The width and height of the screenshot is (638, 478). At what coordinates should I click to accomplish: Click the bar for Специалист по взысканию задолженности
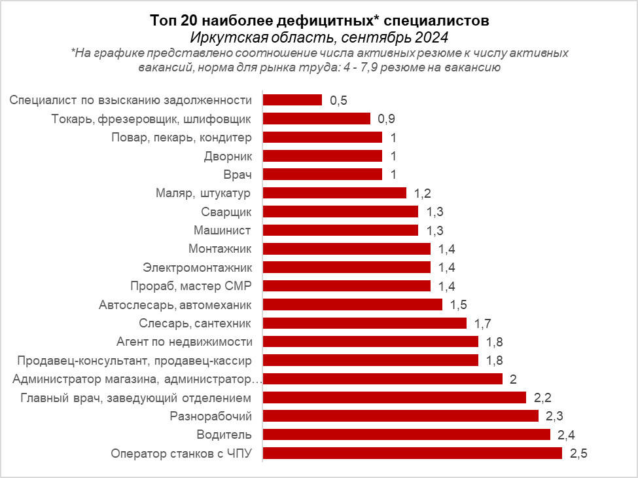(292, 100)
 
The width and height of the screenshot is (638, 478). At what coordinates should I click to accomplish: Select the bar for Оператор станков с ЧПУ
(412, 453)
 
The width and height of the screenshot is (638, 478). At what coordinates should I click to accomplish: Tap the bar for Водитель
(406, 435)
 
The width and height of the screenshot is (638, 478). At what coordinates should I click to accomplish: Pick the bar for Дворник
(322, 156)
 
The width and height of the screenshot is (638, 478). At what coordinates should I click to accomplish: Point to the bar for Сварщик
(340, 211)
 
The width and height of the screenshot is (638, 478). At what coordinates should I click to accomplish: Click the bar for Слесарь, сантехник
(364, 323)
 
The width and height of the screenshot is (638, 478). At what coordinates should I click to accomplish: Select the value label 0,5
(338, 100)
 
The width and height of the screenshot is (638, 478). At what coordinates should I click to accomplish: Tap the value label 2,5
(578, 454)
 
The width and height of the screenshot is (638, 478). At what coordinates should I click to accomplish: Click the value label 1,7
(483, 323)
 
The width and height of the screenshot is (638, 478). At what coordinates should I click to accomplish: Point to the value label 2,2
(542, 397)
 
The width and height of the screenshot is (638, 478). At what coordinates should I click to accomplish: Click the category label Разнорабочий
(215, 416)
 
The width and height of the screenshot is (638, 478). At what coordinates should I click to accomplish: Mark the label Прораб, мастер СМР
(196, 285)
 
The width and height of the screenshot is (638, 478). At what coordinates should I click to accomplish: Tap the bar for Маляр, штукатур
(334, 193)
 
